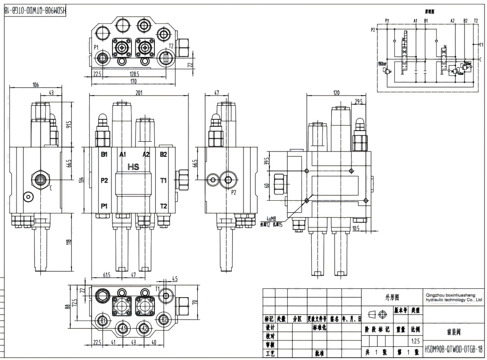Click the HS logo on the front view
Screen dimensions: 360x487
point(133,167)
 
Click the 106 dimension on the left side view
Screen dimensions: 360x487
point(35,85)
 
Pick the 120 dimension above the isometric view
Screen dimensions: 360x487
point(336,93)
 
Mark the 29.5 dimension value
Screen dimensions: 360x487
point(359,101)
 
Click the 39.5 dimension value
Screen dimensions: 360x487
point(266,161)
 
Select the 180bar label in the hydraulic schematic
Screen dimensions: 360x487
point(381,64)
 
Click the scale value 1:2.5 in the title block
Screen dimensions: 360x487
point(415,341)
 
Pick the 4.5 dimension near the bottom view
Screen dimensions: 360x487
point(175,280)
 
